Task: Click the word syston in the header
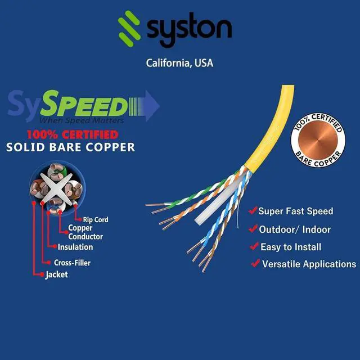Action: click(x=189, y=28)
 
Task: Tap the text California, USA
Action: click(x=179, y=63)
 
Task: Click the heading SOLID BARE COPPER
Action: click(x=70, y=147)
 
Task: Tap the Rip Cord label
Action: click(x=95, y=220)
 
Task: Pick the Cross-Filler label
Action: click(x=72, y=262)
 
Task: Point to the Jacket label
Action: click(x=56, y=275)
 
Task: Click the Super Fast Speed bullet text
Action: click(x=295, y=211)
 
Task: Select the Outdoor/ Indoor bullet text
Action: click(x=295, y=229)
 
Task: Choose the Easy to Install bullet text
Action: click(x=291, y=247)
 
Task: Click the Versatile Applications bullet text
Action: click(x=309, y=264)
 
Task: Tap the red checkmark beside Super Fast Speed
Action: click(x=253, y=211)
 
